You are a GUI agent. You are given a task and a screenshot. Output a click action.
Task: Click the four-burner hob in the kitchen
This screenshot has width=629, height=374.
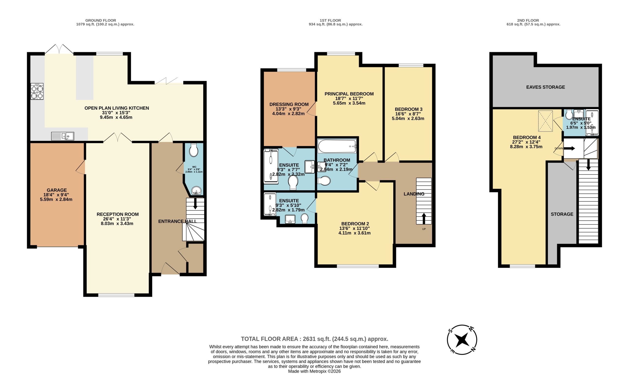click(37, 91)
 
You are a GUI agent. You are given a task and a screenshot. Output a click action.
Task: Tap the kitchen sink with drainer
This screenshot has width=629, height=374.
click(62, 136)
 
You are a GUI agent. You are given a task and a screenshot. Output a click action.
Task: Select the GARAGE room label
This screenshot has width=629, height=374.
click(57, 190)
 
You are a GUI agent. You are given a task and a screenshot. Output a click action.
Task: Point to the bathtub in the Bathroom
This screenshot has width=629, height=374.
click(337, 146)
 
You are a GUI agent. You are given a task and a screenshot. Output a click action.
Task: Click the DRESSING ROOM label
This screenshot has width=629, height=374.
click(289, 104)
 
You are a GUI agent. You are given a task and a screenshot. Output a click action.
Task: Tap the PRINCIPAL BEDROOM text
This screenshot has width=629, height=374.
click(349, 94)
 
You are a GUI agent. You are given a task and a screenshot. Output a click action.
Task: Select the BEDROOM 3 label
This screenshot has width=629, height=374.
click(408, 109)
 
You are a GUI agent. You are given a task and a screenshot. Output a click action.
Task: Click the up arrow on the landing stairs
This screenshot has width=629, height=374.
click(424, 219)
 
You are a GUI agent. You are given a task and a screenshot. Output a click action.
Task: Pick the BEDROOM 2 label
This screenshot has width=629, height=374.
click(355, 224)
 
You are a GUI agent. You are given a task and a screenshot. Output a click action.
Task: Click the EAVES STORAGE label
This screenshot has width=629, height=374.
click(545, 87)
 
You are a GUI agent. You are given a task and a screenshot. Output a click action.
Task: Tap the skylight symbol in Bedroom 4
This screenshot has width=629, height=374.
click(545, 121)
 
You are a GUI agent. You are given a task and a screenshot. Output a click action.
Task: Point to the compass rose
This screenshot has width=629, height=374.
click(462, 340)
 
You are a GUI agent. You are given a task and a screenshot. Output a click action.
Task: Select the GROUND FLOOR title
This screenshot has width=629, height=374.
click(100, 20)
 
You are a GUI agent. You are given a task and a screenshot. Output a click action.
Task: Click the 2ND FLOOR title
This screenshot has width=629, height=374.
click(528, 20)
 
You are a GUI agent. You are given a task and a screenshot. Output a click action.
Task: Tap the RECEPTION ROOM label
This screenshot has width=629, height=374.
click(117, 214)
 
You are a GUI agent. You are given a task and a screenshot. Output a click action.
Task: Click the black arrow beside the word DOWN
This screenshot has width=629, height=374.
click(569, 148)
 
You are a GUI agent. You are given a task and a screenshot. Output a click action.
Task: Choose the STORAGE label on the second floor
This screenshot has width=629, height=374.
click(562, 214)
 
